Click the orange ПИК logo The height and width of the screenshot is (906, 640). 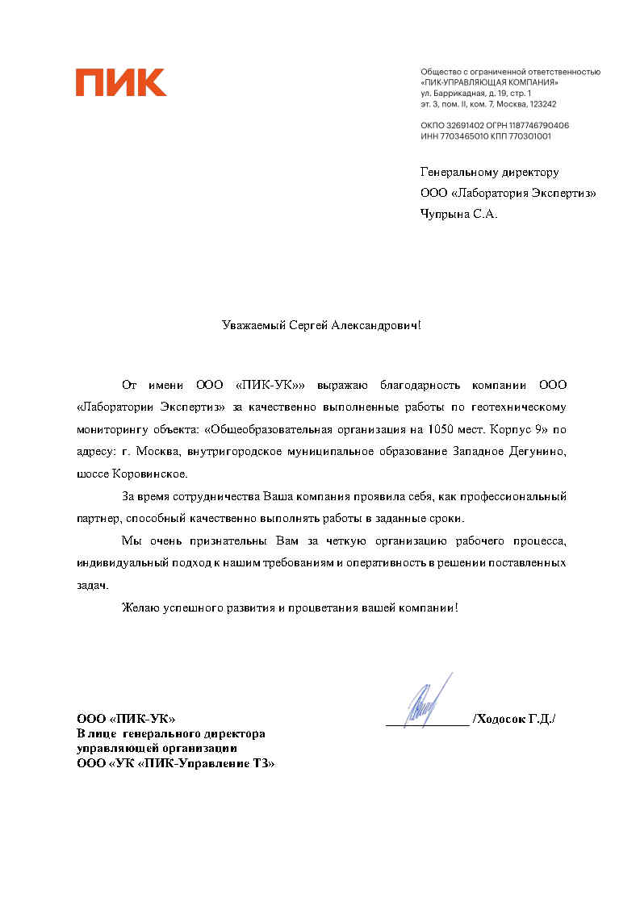point(121,82)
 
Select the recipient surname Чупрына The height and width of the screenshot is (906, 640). point(445,214)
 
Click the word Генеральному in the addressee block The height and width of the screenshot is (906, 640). point(457,172)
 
